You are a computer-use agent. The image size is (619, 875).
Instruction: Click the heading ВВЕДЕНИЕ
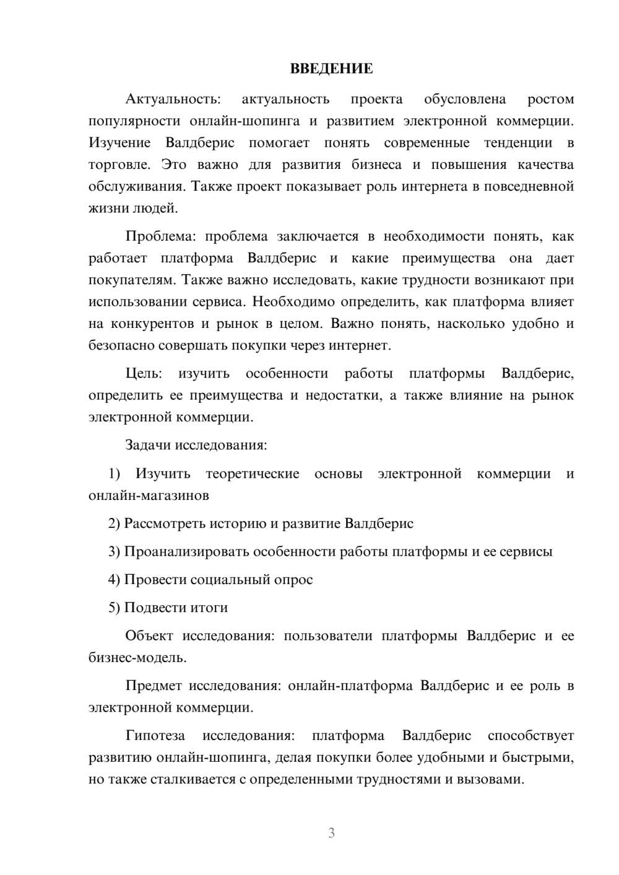coord(331,69)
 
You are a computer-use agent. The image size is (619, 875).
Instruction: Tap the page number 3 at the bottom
coord(331,833)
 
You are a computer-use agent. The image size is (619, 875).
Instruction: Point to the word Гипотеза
coord(155,736)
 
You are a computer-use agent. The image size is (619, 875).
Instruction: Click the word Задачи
coord(149,445)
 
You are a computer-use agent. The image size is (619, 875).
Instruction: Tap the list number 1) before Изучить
coord(114,473)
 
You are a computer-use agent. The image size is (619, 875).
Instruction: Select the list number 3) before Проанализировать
coord(114,551)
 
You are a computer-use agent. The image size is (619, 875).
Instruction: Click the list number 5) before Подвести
coord(114,608)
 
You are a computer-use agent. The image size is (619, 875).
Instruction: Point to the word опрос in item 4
coord(294,580)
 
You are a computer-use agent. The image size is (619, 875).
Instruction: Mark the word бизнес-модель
coord(137,657)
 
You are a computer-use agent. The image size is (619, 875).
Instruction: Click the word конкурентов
coord(150,324)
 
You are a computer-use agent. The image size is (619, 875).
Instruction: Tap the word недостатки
coord(342,395)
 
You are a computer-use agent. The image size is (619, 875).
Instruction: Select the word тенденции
coord(518,143)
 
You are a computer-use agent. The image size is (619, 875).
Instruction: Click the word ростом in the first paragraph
coord(550,99)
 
